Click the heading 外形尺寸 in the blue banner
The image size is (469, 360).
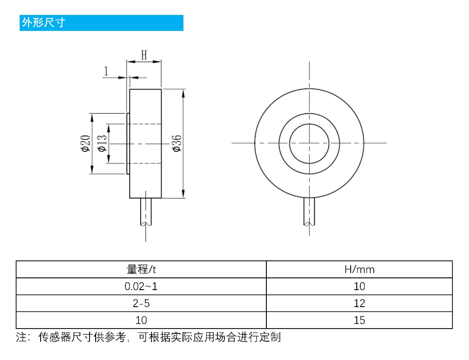pos(43,23)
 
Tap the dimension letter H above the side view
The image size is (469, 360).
pos(144,55)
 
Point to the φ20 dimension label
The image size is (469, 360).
pos(85,143)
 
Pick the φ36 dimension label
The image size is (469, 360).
pos(177,143)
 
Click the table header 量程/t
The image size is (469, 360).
pos(141,270)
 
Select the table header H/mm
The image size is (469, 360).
pos(359,270)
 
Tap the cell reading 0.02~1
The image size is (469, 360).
pos(141,287)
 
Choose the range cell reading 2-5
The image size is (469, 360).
pos(141,303)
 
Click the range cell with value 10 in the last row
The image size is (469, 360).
pos(141,320)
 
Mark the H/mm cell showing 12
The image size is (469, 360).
pos(359,303)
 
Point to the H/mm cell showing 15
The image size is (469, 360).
pos(359,320)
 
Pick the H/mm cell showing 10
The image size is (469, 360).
pos(359,287)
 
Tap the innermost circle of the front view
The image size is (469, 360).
pos(309,143)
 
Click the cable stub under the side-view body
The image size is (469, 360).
pos(146,211)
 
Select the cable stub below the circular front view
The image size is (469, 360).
pos(309,211)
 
